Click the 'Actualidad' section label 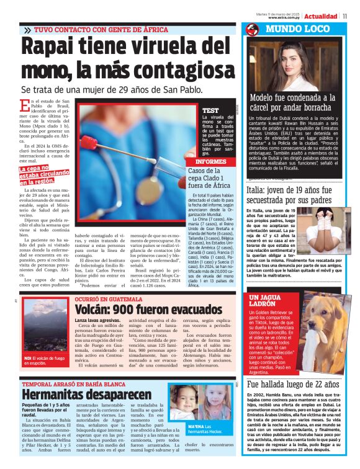coord(321,16)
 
